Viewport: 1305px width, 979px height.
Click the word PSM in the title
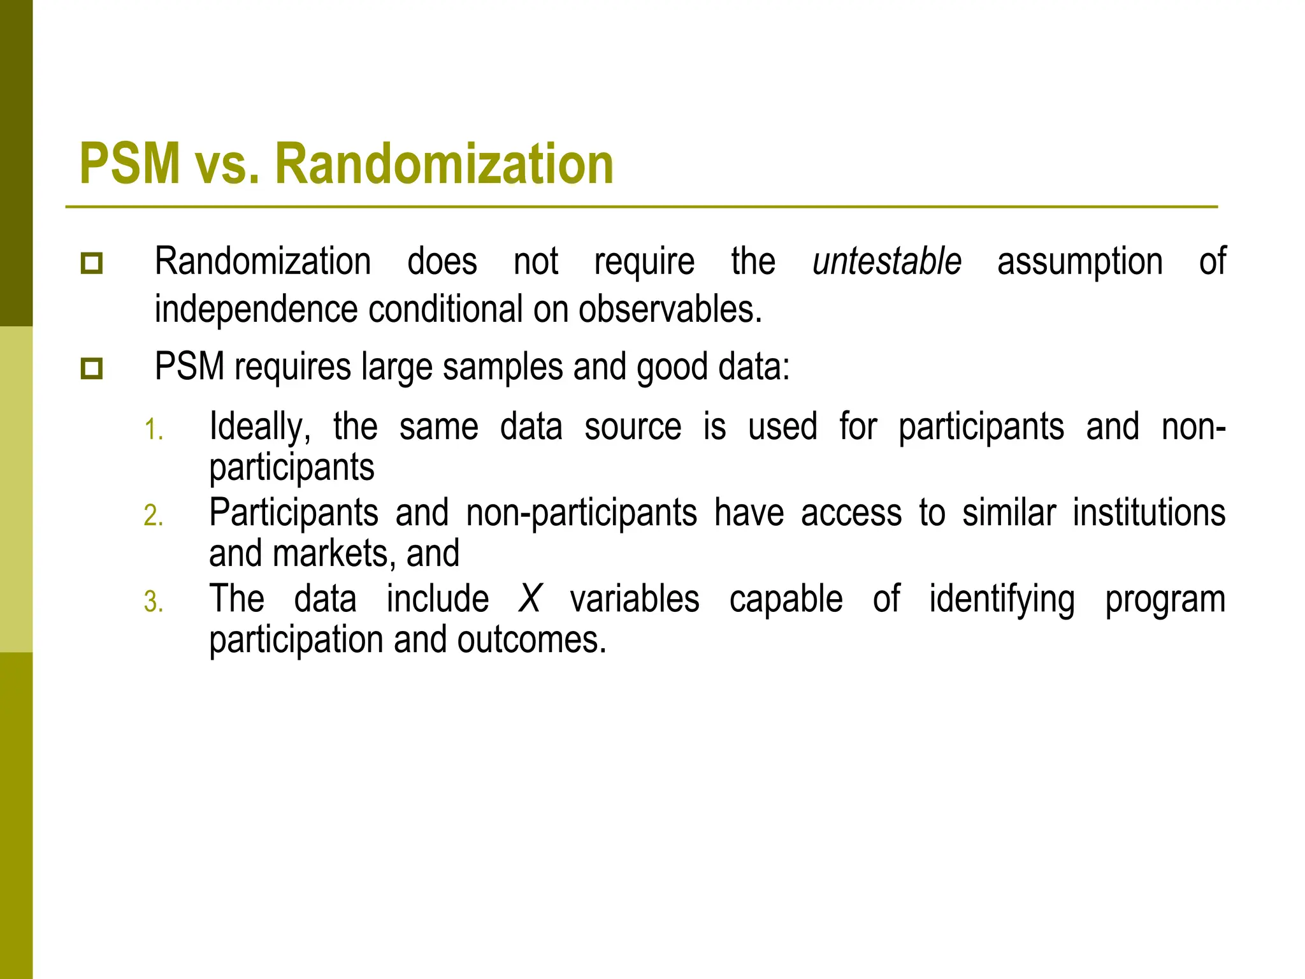click(x=130, y=164)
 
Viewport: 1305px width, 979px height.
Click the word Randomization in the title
click(x=443, y=164)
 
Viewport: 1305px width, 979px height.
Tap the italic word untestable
click(x=886, y=261)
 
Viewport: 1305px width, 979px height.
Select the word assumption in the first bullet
click(x=1079, y=263)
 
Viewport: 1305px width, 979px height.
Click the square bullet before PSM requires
click(x=92, y=368)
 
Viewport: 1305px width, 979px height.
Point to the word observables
click(x=670, y=309)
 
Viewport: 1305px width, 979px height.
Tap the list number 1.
click(x=154, y=430)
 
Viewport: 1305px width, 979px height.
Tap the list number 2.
click(x=154, y=516)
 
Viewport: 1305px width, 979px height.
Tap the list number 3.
click(x=154, y=602)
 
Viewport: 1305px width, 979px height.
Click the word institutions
click(x=1148, y=512)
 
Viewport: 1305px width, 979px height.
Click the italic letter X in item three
click(x=530, y=599)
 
